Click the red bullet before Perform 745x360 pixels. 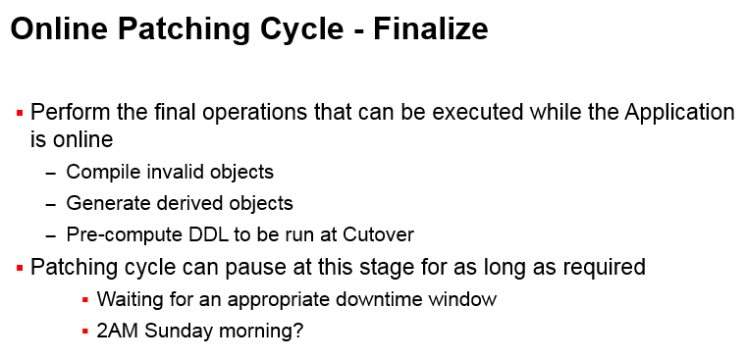[x=20, y=113]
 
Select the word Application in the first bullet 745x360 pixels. [x=679, y=112]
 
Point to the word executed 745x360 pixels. [x=441, y=112]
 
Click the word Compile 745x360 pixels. [x=101, y=173]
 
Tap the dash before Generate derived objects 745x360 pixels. [x=51, y=204]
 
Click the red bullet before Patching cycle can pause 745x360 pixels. [x=20, y=268]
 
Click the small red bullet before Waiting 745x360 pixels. [x=85, y=300]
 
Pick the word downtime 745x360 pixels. [x=372, y=300]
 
